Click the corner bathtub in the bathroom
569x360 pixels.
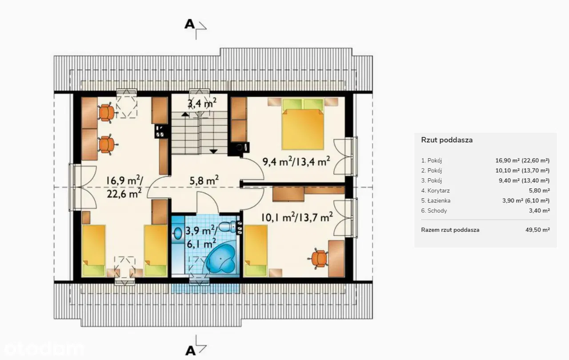coord(220,261)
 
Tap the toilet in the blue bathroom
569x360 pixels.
coord(228,227)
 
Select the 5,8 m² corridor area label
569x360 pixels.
coord(204,180)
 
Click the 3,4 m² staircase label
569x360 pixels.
coord(202,103)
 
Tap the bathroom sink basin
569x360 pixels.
coord(177,233)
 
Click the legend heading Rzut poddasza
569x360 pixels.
coord(447,140)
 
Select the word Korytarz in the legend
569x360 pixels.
coord(438,190)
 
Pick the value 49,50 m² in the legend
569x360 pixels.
coord(537,230)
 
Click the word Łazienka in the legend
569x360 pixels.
coord(439,200)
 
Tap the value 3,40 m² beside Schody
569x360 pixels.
coord(539,211)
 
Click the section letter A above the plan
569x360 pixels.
coord(189,24)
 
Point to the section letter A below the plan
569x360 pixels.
coord(190,351)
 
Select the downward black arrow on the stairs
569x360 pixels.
coord(214,151)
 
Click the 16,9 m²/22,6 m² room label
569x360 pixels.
coord(124,187)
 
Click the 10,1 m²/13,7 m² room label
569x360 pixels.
coord(297,217)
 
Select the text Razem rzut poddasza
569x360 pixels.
coord(450,230)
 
